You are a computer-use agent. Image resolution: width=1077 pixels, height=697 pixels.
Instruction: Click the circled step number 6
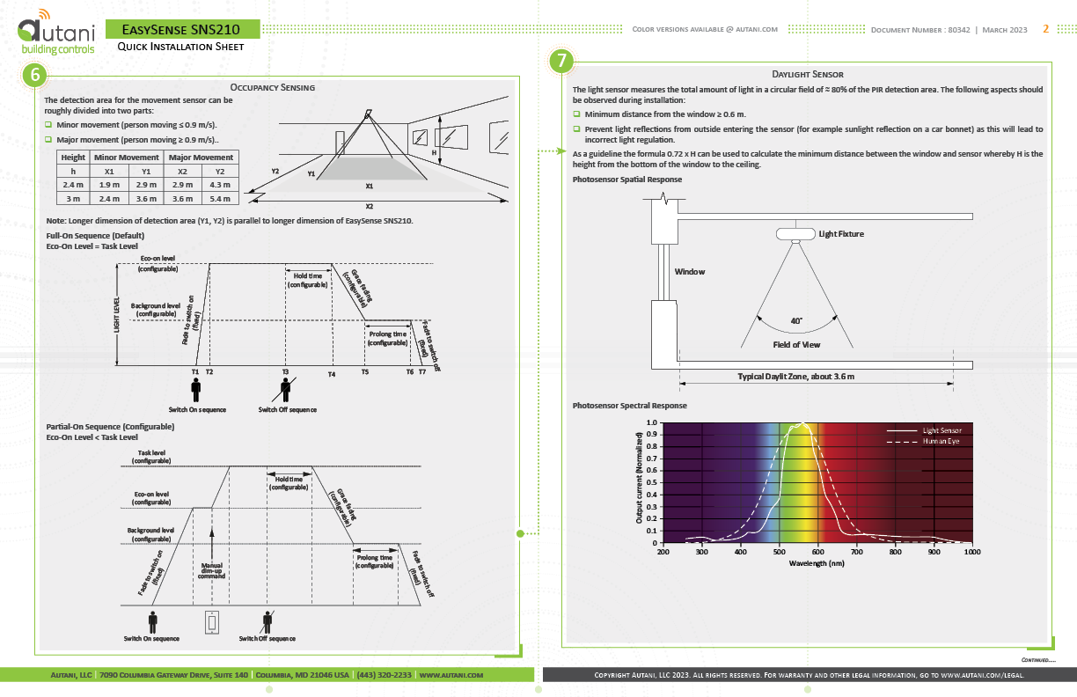[35, 76]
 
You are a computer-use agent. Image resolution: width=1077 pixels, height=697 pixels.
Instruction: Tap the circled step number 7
[562, 62]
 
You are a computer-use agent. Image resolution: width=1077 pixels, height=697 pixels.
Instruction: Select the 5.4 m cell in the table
[221, 199]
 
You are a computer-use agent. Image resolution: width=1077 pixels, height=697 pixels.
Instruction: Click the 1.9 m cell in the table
[109, 185]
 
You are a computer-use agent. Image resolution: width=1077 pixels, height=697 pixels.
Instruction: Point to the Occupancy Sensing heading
[272, 87]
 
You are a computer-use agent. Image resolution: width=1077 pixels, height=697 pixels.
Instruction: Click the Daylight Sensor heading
[808, 75]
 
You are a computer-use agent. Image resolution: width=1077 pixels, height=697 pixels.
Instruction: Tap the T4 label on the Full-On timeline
[332, 375]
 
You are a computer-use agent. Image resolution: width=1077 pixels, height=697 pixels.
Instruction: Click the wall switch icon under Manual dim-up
[211, 621]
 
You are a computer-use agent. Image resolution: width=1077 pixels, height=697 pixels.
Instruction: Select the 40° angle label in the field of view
[796, 320]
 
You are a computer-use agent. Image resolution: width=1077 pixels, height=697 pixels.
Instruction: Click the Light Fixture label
[841, 234]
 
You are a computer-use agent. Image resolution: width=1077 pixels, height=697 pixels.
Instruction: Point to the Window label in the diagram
[690, 272]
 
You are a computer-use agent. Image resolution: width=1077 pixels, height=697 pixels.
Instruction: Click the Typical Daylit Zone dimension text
[795, 376]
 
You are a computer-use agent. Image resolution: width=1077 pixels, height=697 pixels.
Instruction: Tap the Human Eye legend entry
[941, 440]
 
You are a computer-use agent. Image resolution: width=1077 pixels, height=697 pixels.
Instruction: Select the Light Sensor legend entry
[941, 430]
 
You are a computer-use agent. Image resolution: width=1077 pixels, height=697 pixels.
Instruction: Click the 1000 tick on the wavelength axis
[971, 552]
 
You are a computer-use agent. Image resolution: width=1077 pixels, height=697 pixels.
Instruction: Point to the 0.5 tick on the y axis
[652, 482]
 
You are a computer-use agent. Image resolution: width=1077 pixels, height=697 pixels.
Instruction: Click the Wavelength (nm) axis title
[817, 563]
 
